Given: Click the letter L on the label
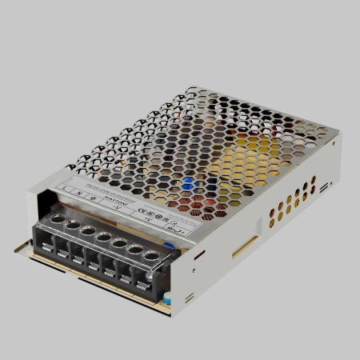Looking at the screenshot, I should tap(63, 187).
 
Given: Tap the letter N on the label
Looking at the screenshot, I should tap(78, 191).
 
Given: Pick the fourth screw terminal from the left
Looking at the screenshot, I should tap(103, 237).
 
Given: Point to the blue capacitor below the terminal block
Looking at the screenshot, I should tap(169, 298).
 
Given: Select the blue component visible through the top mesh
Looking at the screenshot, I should tap(189, 182).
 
